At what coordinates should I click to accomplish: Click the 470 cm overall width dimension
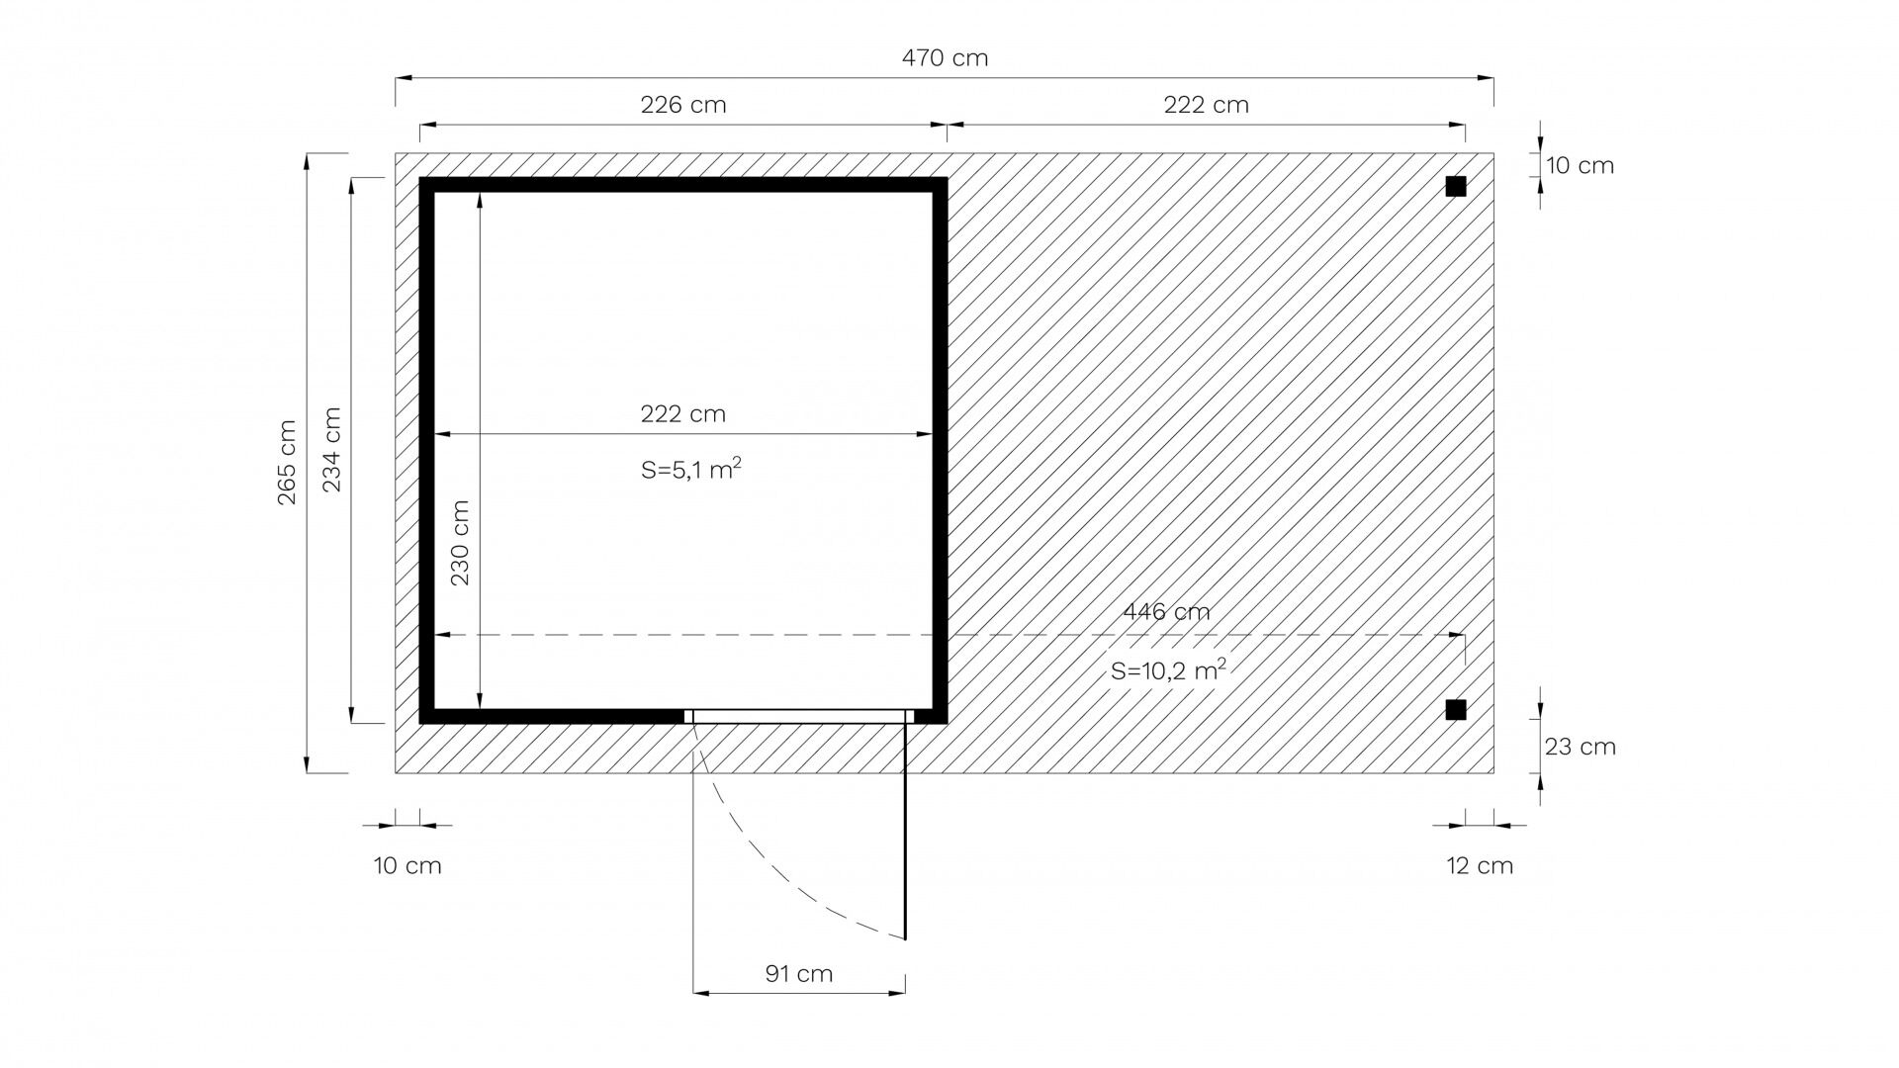945,57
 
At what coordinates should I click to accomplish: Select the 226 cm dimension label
683,105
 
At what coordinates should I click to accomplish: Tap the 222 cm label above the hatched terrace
1206,105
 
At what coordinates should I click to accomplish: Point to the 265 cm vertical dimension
287,463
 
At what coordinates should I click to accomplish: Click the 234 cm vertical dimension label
332,450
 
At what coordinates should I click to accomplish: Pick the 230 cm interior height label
460,543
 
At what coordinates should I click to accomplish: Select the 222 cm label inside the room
683,413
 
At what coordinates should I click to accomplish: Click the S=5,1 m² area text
691,470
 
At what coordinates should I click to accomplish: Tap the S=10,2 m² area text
1168,670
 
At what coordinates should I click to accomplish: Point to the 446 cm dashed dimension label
1166,611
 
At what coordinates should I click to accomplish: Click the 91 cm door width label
799,974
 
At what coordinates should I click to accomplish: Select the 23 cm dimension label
1581,747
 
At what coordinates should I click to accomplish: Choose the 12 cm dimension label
1480,865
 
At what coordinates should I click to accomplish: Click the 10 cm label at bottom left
407,865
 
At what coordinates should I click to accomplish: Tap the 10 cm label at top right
1581,165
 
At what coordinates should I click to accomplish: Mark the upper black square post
1455,187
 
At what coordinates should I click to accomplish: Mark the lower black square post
1455,709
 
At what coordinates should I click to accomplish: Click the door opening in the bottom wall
798,716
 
